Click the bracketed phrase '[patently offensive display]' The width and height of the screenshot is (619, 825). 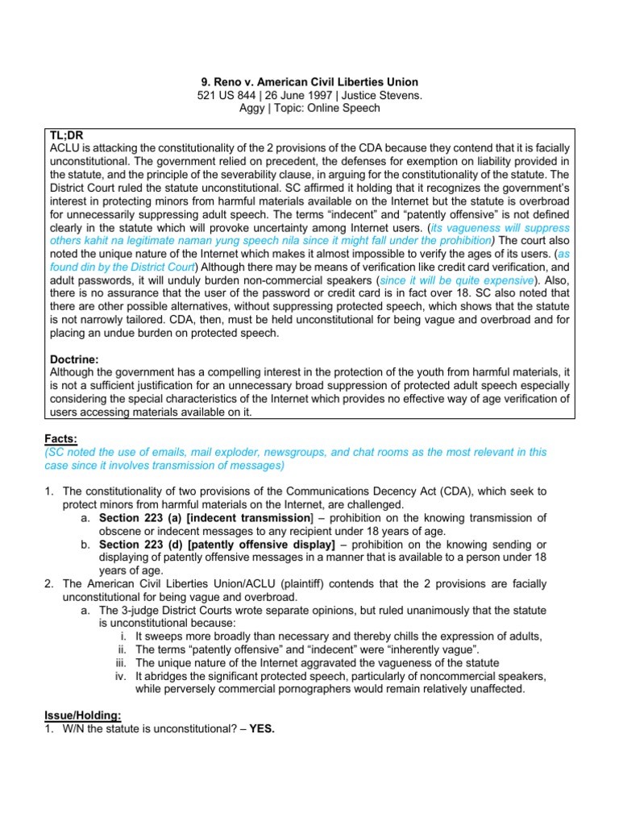(x=261, y=545)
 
